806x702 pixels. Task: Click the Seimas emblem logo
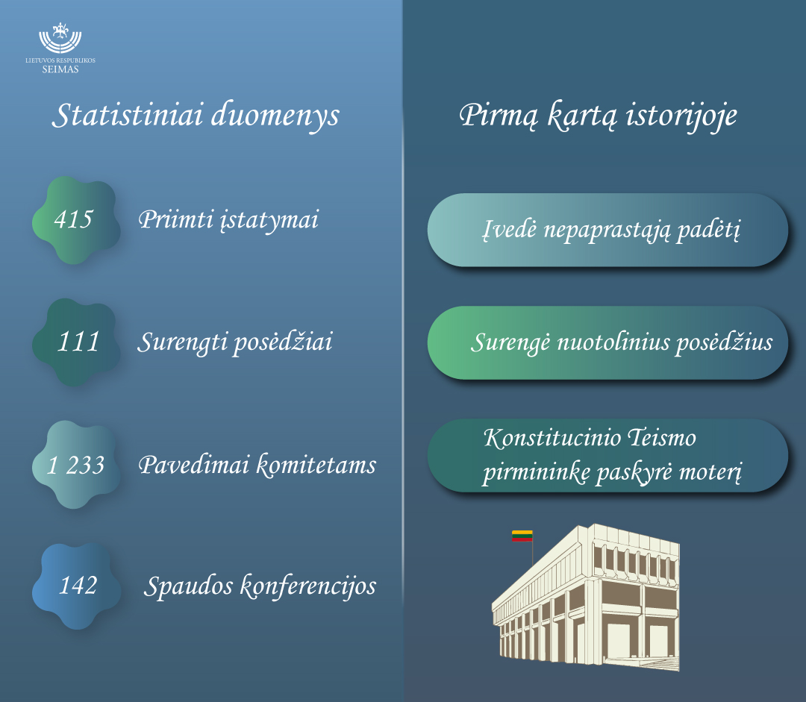coord(60,38)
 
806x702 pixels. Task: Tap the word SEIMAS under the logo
coord(60,69)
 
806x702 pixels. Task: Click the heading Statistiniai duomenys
coord(196,115)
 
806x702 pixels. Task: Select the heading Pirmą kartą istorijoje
coord(598,115)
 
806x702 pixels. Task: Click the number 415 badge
coord(76,220)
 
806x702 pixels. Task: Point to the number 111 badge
coord(76,342)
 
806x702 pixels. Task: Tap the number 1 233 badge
coord(76,465)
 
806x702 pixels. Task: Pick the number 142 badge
coord(77,586)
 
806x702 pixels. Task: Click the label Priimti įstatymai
coord(229,221)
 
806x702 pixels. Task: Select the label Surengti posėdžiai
coord(235,342)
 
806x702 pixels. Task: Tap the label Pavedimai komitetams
coord(257,465)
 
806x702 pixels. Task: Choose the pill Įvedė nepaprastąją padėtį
coord(607,230)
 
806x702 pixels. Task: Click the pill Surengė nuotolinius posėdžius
coord(607,342)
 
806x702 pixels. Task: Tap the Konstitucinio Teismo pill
coord(607,455)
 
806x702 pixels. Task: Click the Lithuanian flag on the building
coord(522,536)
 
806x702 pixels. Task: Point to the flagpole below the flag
coord(533,554)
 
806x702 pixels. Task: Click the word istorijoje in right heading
coord(681,116)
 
